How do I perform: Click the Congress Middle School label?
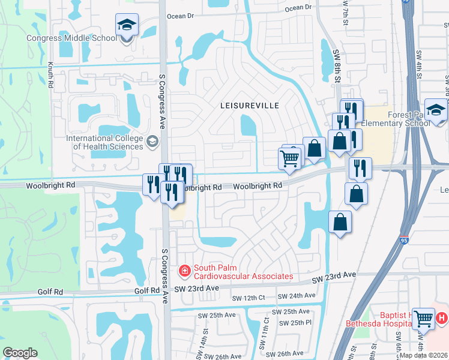click(71, 38)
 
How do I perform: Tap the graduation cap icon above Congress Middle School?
click(127, 25)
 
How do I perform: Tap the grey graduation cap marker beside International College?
click(152, 142)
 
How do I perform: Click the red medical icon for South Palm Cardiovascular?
click(185, 272)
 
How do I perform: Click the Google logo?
click(20, 353)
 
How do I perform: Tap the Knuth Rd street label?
click(50, 76)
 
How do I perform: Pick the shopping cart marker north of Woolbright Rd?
click(289, 158)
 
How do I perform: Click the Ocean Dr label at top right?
click(299, 8)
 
